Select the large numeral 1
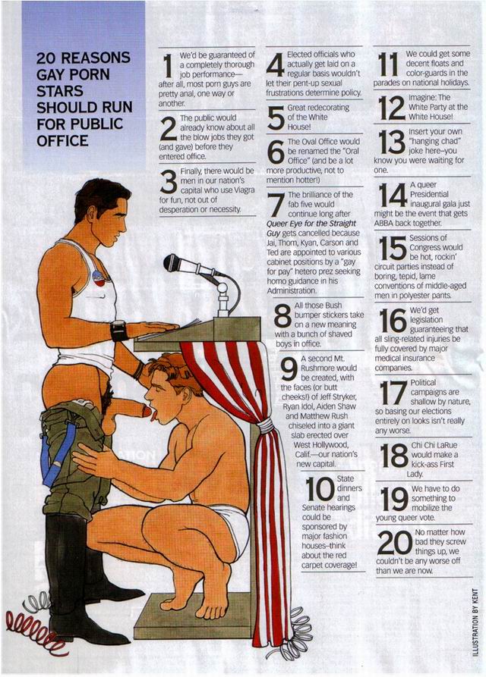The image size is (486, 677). coord(168,65)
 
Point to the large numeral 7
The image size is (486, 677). coord(276,205)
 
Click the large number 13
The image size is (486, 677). coord(392,142)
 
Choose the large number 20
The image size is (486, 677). coord(394,543)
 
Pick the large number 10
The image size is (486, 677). coord(320,488)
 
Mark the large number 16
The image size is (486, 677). coord(393,321)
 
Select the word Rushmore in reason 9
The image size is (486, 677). coord(329,368)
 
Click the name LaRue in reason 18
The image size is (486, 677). coord(447,445)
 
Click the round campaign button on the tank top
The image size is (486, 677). coord(100,277)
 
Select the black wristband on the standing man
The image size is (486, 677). coord(117,331)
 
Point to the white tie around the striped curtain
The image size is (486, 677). coord(266,426)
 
